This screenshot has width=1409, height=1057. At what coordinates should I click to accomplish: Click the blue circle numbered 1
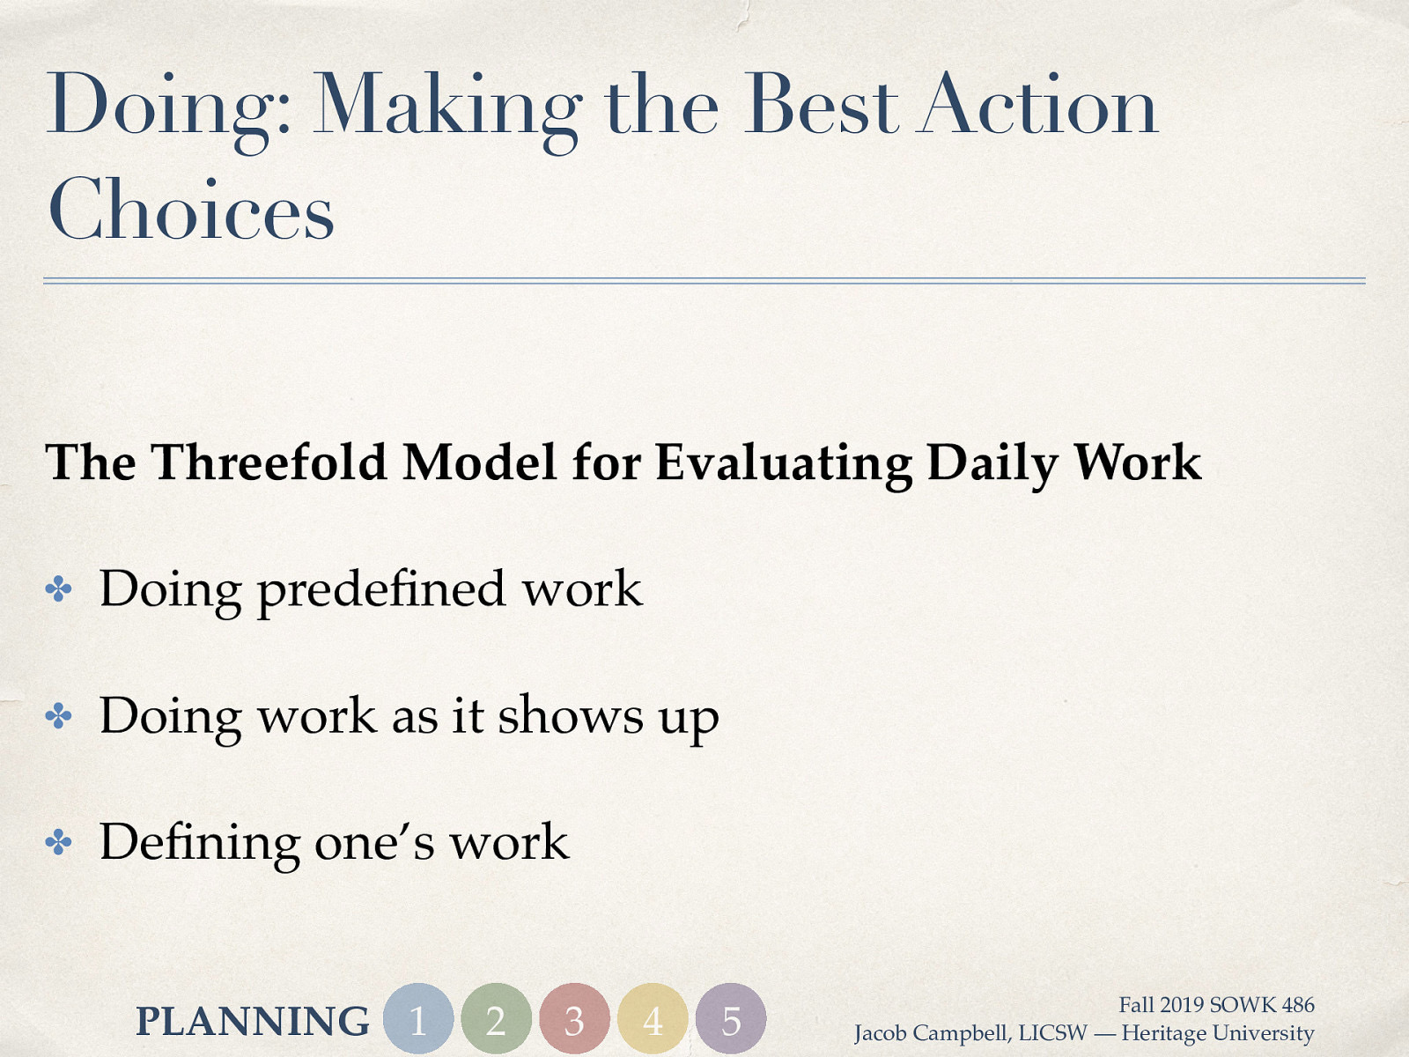[418, 1019]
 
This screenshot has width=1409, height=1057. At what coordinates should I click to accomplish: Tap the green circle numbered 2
[496, 1019]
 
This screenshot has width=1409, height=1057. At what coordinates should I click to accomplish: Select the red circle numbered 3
[574, 1019]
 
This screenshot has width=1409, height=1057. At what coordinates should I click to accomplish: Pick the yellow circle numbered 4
[653, 1019]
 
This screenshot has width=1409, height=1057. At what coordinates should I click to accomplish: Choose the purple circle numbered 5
[731, 1019]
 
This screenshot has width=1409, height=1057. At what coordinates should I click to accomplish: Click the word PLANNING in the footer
[253, 1022]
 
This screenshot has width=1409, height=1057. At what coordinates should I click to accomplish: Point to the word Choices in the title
[191, 210]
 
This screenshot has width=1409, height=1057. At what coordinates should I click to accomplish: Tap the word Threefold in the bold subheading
[269, 462]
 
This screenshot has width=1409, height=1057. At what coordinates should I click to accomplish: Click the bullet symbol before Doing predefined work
[58, 589]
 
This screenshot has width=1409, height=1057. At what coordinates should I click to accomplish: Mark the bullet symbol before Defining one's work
[58, 843]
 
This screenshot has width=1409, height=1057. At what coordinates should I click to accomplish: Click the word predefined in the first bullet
[381, 590]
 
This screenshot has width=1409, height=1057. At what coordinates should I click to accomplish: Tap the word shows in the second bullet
[571, 715]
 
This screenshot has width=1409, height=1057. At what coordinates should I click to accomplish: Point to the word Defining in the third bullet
[199, 843]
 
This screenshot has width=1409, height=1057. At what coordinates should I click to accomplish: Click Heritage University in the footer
[1217, 1033]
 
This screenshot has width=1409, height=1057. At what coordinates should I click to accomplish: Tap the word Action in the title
[1037, 106]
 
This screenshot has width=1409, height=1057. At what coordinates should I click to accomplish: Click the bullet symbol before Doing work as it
[58, 716]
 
